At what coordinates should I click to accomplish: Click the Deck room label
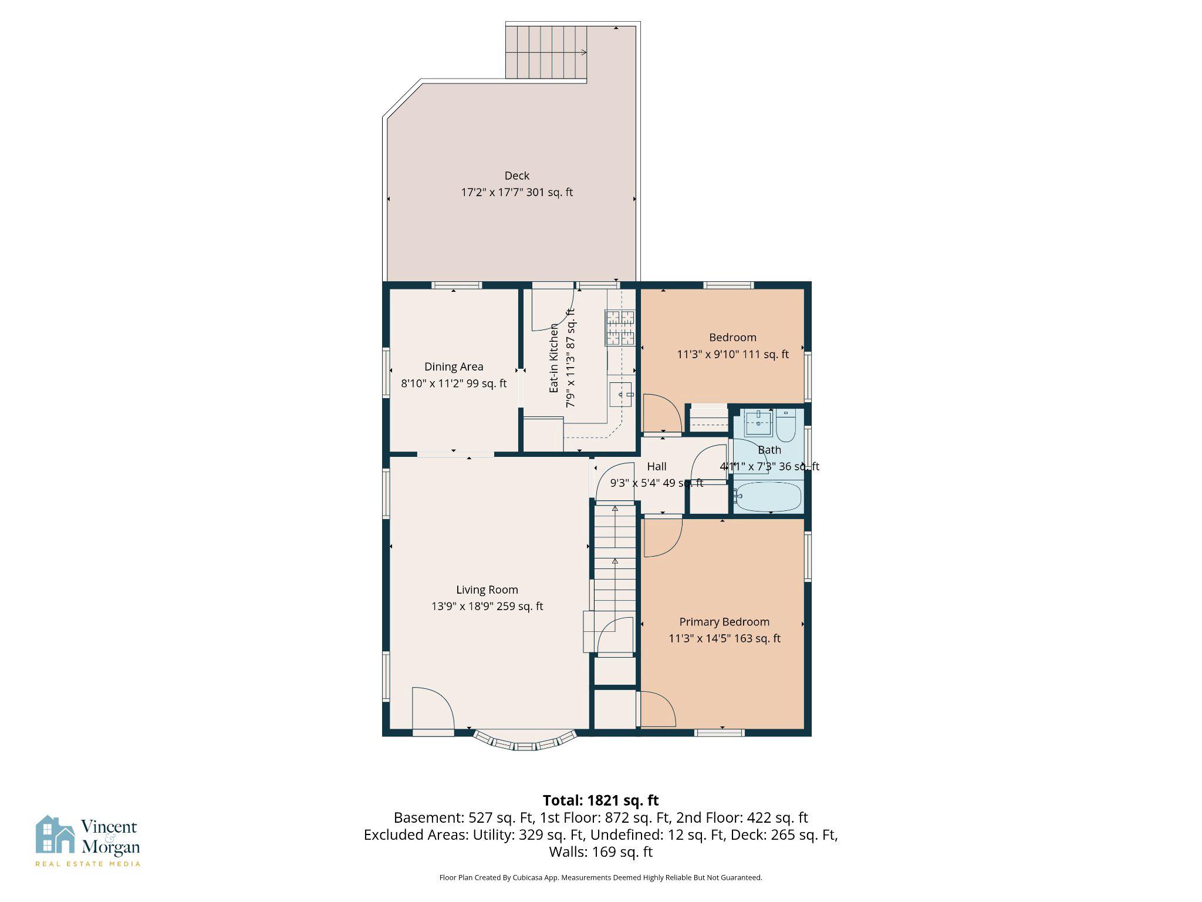(x=516, y=176)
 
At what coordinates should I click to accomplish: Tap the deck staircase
(x=546, y=52)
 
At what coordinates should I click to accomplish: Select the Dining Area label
(x=454, y=366)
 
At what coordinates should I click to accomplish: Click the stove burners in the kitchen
(x=620, y=328)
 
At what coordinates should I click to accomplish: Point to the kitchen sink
(x=622, y=395)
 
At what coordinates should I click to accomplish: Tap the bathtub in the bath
(x=768, y=497)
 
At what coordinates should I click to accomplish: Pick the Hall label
(x=656, y=466)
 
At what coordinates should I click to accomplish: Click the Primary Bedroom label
(x=724, y=622)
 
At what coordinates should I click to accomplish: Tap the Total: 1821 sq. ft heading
(x=600, y=800)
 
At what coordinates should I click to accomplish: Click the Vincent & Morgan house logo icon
(x=55, y=834)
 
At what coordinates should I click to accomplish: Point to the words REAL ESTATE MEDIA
(x=88, y=863)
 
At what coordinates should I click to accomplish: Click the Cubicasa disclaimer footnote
(x=600, y=877)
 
